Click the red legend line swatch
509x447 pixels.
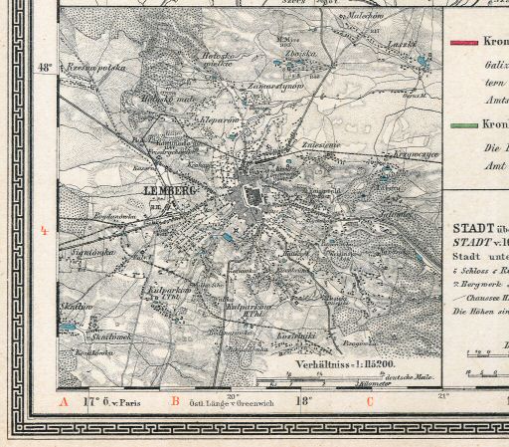tap(464, 43)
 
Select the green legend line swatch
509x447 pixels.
tap(464, 127)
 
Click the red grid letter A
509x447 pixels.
tap(62, 402)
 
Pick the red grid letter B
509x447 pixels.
tap(175, 402)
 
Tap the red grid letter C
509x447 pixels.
tap(370, 402)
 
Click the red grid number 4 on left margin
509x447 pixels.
tap(43, 231)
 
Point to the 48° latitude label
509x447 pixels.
tap(44, 68)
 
